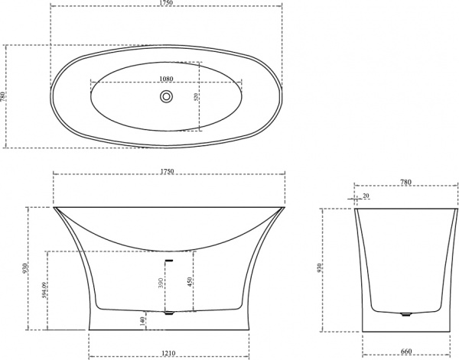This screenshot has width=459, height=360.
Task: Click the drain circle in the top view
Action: pos(166,96)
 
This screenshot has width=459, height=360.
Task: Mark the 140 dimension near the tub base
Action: pos(142,321)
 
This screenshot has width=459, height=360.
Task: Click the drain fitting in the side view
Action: pos(170,312)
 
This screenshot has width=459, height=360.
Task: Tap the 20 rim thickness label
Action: pos(366,196)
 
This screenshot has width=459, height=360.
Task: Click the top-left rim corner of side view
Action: pos(54,207)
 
